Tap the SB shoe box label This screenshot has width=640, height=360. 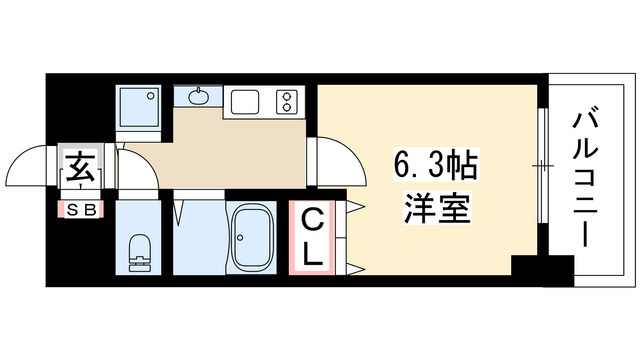[x=81, y=209]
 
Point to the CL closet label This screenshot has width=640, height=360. [x=312, y=236]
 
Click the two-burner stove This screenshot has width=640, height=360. [x=288, y=100]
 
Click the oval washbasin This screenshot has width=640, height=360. [x=197, y=97]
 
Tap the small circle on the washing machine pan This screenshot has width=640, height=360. [x=153, y=97]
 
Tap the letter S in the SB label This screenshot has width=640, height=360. [x=73, y=209]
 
